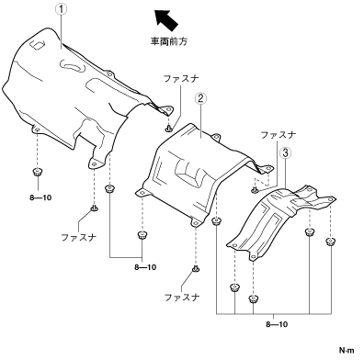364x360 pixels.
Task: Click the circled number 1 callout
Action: point(62,9)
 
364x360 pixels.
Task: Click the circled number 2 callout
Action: point(200,98)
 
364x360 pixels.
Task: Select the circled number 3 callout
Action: point(285,152)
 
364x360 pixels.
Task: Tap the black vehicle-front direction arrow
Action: point(165,19)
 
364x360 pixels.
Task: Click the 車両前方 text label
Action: point(168,41)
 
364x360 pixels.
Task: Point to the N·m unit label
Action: point(347,350)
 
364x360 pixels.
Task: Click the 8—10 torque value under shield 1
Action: point(40,197)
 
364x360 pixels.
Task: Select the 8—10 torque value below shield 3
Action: point(277,324)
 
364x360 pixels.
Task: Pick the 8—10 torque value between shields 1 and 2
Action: point(145,267)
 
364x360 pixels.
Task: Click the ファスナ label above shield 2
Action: point(181,79)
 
